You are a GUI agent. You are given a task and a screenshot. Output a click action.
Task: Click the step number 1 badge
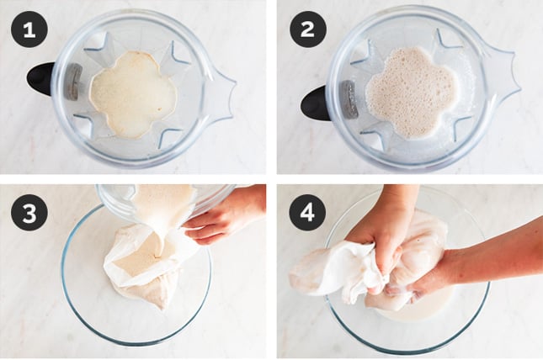tap(29, 30)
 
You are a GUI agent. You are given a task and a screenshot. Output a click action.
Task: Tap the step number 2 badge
tap(307, 29)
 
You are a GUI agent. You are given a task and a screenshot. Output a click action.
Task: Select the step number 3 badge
tap(29, 212)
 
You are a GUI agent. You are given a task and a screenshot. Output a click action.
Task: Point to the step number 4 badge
tap(307, 212)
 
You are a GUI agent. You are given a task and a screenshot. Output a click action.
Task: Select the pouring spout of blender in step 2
tap(500, 74)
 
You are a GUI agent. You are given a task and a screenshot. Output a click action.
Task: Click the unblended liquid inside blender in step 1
tap(133, 94)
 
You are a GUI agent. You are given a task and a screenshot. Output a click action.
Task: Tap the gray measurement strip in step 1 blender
tap(73, 82)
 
